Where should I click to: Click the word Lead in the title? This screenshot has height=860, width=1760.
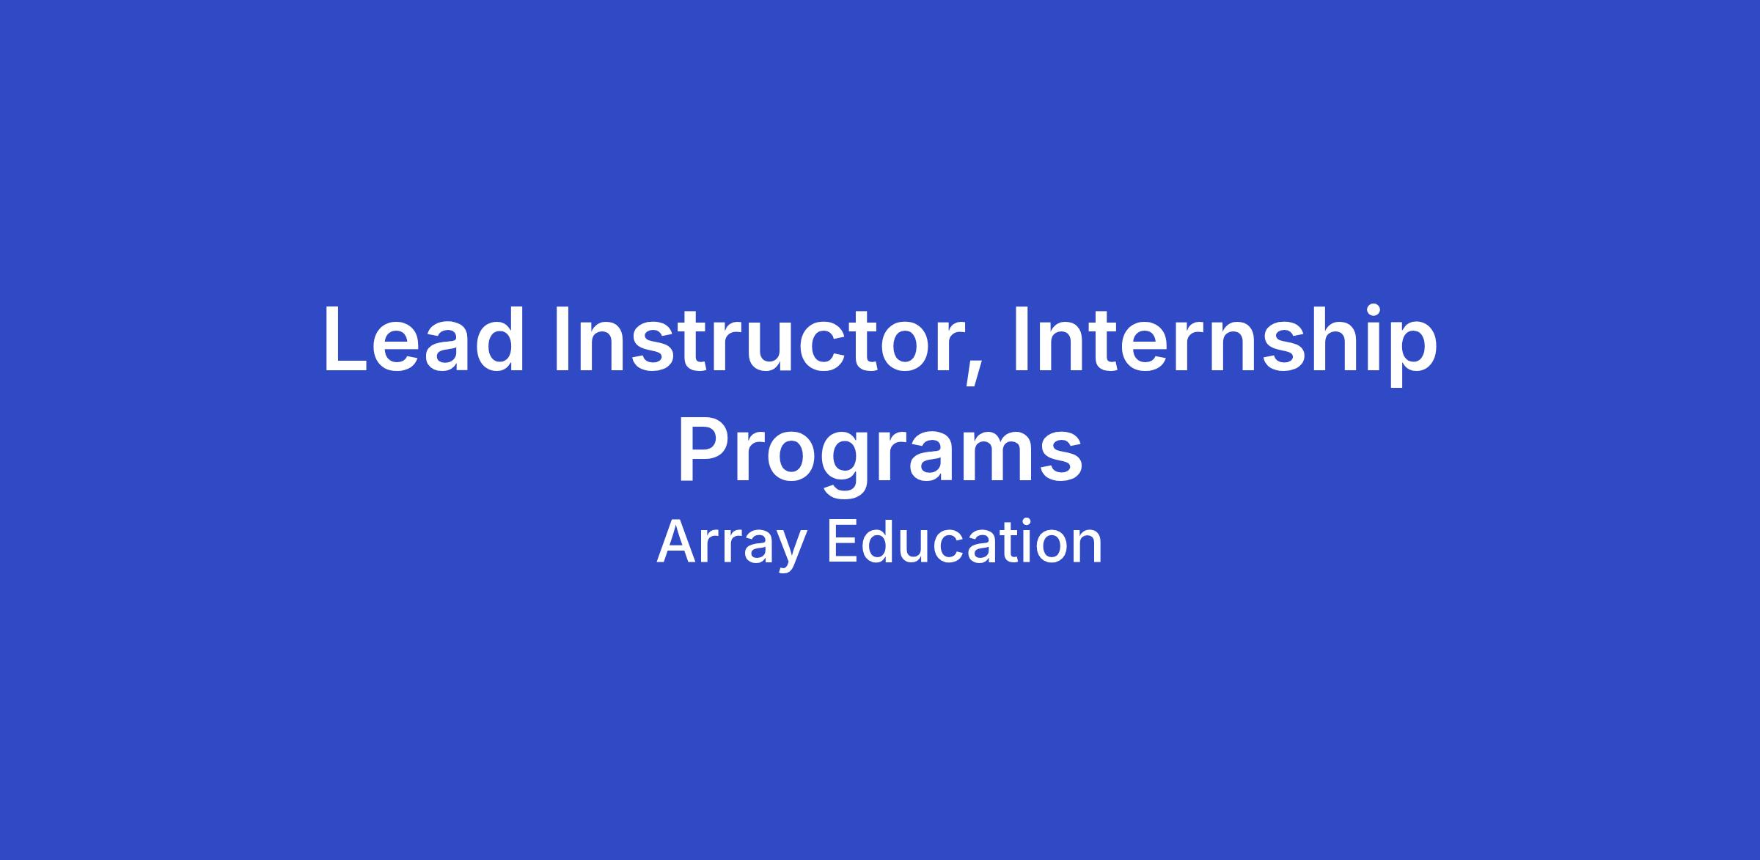point(424,340)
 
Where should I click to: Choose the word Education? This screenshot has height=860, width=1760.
point(964,542)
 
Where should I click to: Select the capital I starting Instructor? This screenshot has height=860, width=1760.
point(564,340)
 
